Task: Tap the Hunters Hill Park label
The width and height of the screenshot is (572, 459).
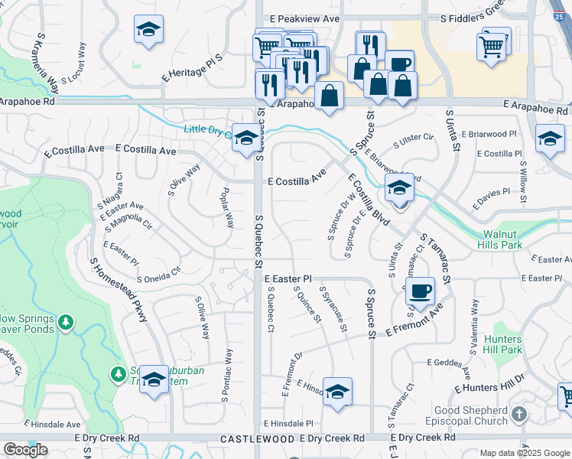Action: [x=502, y=344]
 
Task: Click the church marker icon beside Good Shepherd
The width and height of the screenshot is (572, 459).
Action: [x=519, y=415]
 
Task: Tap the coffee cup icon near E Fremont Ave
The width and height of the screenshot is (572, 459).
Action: [x=419, y=291]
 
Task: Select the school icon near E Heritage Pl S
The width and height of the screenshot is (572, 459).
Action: [x=148, y=30]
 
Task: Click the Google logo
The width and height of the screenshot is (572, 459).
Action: [x=25, y=450]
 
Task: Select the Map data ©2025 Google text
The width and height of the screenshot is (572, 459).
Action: [x=525, y=453]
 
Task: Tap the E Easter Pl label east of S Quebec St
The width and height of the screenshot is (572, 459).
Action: [x=288, y=280]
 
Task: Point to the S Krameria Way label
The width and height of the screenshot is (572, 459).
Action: [x=45, y=58]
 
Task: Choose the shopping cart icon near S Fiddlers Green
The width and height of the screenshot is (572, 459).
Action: [x=490, y=46]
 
